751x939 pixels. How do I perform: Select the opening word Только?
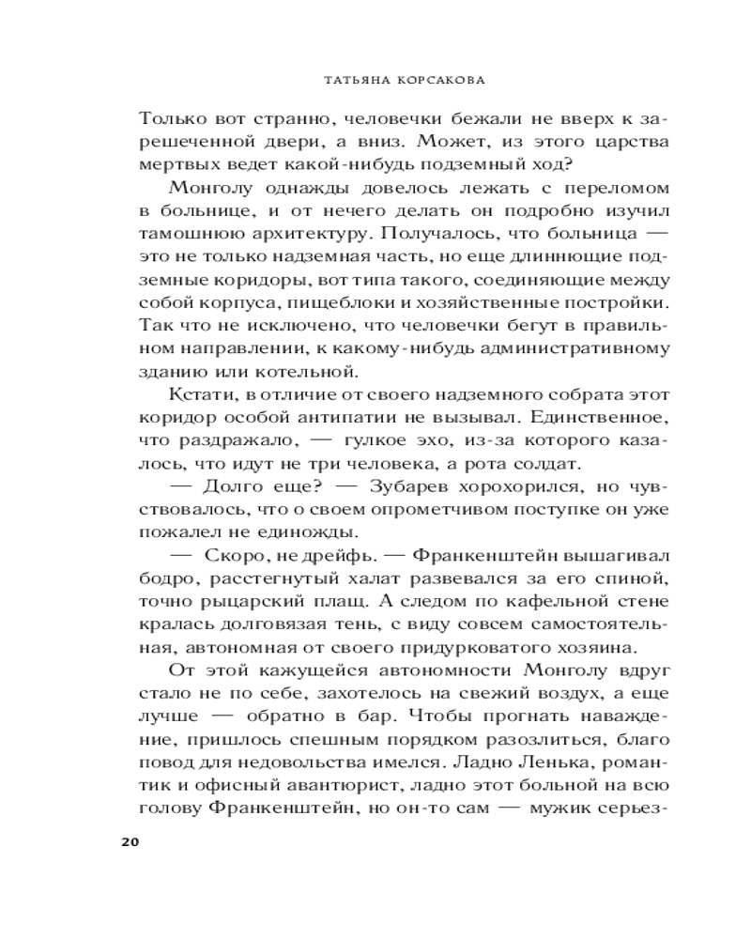(x=169, y=118)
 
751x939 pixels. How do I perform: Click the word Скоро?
(x=229, y=555)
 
